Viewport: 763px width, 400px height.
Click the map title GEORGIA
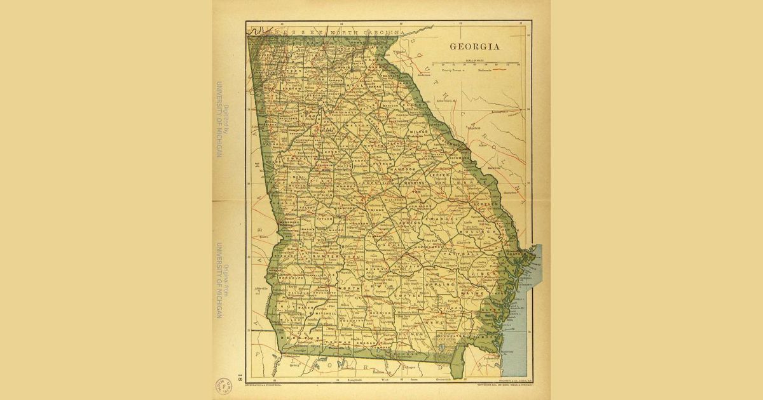(474, 46)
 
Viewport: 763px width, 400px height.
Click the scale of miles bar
(476, 64)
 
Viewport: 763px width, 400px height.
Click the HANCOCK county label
(402, 170)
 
